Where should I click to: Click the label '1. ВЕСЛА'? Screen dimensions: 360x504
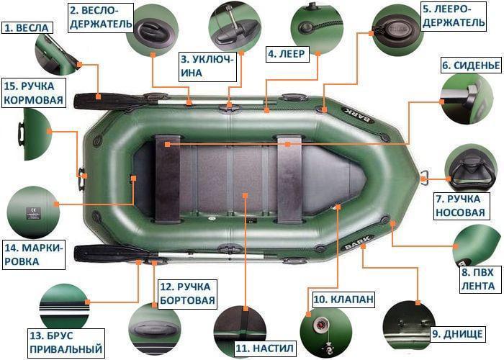tap(27, 27)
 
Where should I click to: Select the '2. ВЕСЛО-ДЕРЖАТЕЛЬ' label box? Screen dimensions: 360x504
tap(100, 17)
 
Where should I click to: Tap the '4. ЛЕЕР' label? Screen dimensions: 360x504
tap(287, 53)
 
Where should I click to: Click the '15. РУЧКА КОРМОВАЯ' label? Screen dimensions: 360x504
tap(32, 93)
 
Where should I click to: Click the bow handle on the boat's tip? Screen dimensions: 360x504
tap(425, 175)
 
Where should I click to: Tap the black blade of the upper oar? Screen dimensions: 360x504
tap(97, 99)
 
